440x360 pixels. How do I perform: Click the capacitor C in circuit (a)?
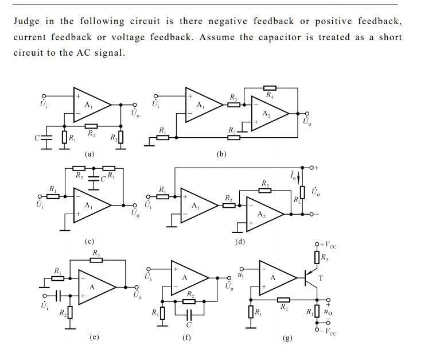[x=46, y=138]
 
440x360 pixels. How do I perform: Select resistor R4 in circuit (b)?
[x=270, y=88]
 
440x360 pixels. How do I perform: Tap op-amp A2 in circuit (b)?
[x=270, y=114]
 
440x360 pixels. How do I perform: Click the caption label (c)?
[x=89, y=241]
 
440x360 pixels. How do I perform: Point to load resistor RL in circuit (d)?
[x=302, y=192]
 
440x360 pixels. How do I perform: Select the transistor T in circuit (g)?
[x=311, y=277]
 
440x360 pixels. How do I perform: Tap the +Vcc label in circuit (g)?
[x=328, y=245]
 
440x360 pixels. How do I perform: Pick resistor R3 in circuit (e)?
[x=96, y=260]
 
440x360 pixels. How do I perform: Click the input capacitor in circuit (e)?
[x=58, y=296]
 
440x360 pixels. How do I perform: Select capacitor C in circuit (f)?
[x=189, y=315]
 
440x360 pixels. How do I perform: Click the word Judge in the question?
[x=26, y=22]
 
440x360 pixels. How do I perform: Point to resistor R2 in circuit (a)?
[x=91, y=126]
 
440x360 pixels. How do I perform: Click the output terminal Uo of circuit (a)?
[x=135, y=104]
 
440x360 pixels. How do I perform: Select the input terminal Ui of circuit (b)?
[x=155, y=96]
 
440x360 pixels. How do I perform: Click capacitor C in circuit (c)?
[x=94, y=179]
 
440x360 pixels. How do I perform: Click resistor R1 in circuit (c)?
[x=53, y=196]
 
